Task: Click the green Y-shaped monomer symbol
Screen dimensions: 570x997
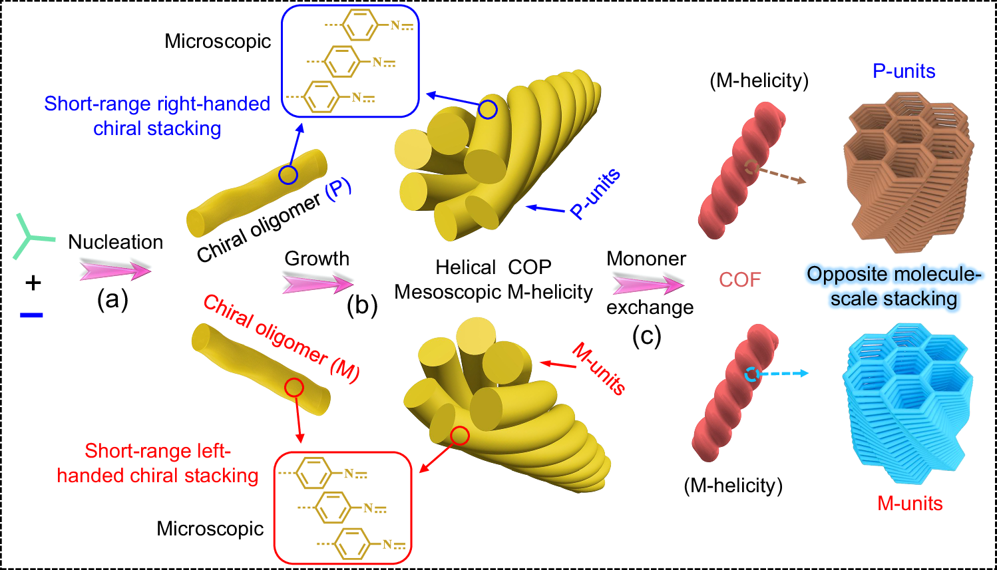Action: (30, 236)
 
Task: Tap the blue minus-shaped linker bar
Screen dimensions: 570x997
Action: (31, 315)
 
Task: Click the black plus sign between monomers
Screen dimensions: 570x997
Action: (33, 283)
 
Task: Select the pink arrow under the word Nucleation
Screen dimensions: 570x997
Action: (115, 270)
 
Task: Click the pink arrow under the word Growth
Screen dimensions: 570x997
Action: (317, 284)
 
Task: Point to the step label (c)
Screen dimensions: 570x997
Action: (646, 336)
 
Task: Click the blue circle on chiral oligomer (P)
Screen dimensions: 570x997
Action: (288, 175)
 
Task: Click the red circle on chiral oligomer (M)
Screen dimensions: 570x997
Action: (294, 387)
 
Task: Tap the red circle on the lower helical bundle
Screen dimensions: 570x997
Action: (460, 436)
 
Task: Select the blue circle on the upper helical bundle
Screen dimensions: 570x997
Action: (488, 110)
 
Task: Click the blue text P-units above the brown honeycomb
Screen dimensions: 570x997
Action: (904, 71)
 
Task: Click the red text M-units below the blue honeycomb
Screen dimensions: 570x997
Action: (910, 503)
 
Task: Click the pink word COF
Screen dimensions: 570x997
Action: (739, 280)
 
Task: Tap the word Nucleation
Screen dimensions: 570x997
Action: (116, 242)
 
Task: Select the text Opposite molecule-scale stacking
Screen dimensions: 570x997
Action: (894, 286)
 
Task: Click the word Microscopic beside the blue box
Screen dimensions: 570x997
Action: (218, 41)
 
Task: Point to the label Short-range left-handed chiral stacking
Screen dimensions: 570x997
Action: (158, 463)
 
